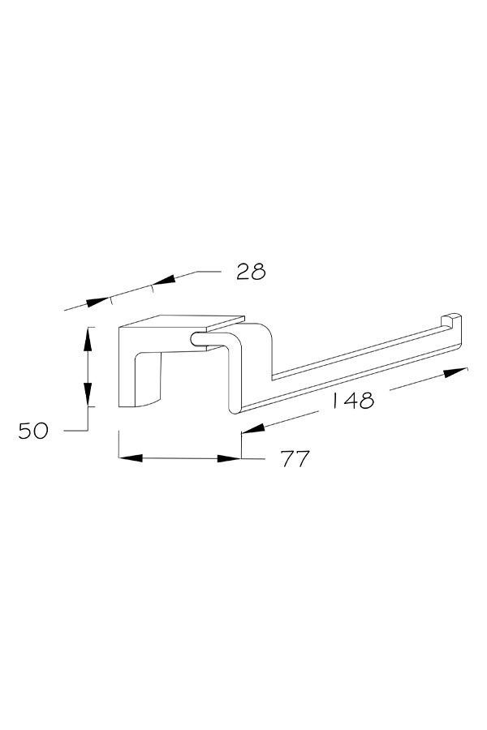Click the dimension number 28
pos(251,272)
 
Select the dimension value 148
pos(353,400)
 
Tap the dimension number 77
pos(295,458)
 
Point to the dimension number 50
pos(33,431)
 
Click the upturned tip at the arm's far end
pos(451,320)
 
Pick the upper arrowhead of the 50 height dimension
pos(88,339)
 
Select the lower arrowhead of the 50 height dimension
pos(88,395)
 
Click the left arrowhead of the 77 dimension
pos(131,458)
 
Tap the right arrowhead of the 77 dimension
pos(229,458)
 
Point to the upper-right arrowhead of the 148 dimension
pos(455,372)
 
